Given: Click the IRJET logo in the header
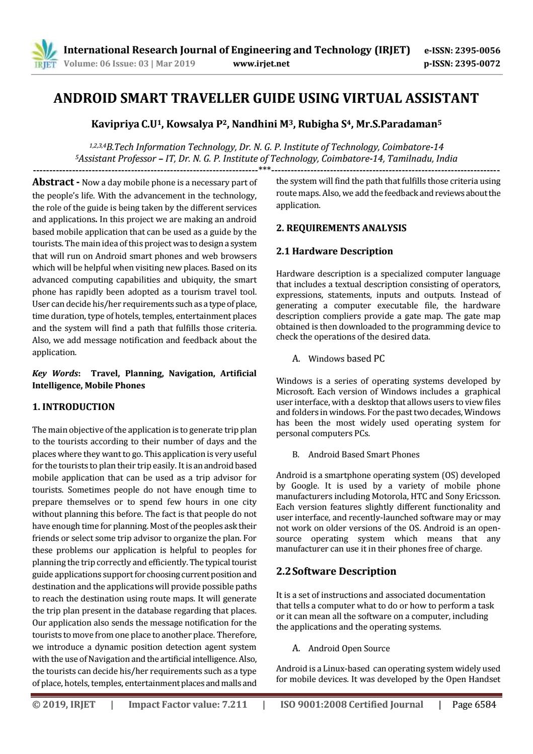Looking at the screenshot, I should pyautogui.click(x=44, y=55).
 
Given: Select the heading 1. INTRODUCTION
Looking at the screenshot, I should pyautogui.click(x=73, y=407).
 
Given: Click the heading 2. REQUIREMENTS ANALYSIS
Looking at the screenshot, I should pyautogui.click(x=341, y=228).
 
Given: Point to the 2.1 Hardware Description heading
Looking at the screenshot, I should pyautogui.click(x=335, y=251).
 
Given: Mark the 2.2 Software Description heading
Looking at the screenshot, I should pyautogui.click(x=336, y=571).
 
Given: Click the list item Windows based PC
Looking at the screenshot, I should pyautogui.click(x=346, y=359).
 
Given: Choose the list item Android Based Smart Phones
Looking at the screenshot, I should pyautogui.click(x=363, y=454).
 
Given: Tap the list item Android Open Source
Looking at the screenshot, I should pyautogui.click(x=349, y=648).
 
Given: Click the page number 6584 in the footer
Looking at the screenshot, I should pyautogui.click(x=485, y=705).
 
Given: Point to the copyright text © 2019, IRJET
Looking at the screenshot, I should pyautogui.click(x=64, y=705).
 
